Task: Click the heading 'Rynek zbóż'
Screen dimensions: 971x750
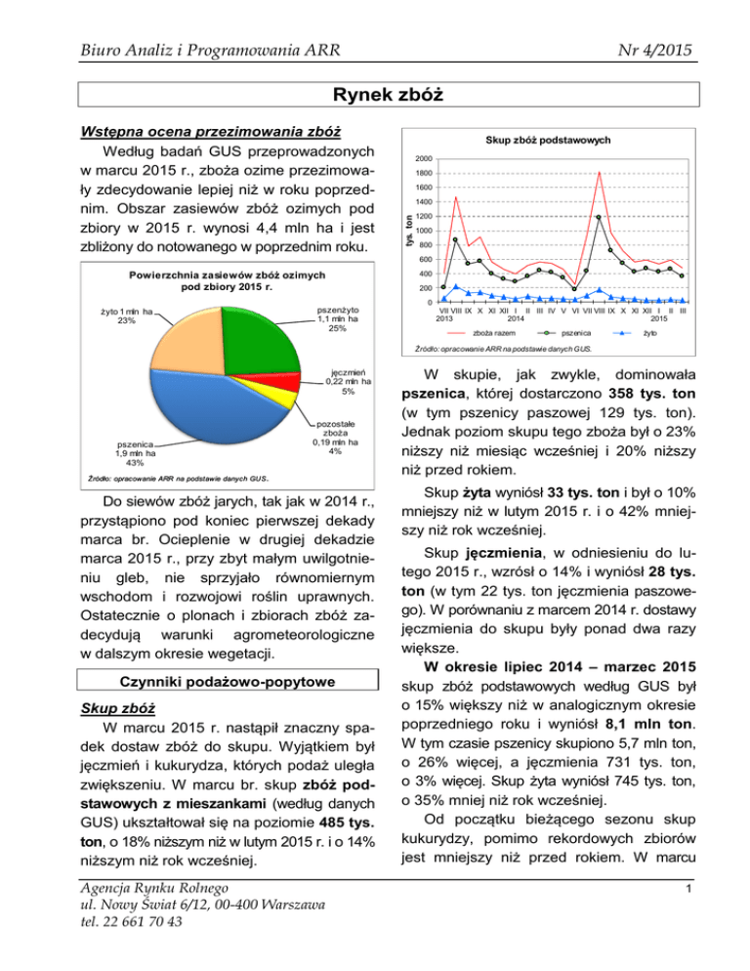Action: (x=374, y=94)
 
